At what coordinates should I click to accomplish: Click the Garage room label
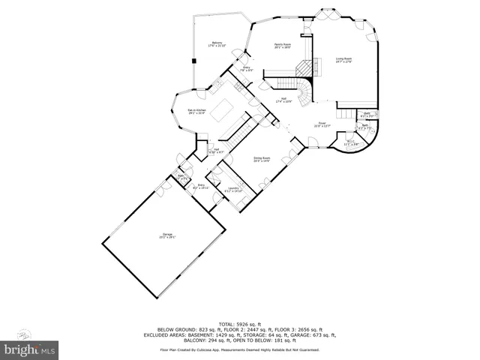(x=167, y=237)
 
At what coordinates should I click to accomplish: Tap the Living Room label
(x=344, y=59)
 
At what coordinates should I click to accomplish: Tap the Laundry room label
(x=232, y=190)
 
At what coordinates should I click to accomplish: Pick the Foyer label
(x=321, y=124)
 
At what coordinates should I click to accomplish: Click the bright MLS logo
(x=28, y=349)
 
